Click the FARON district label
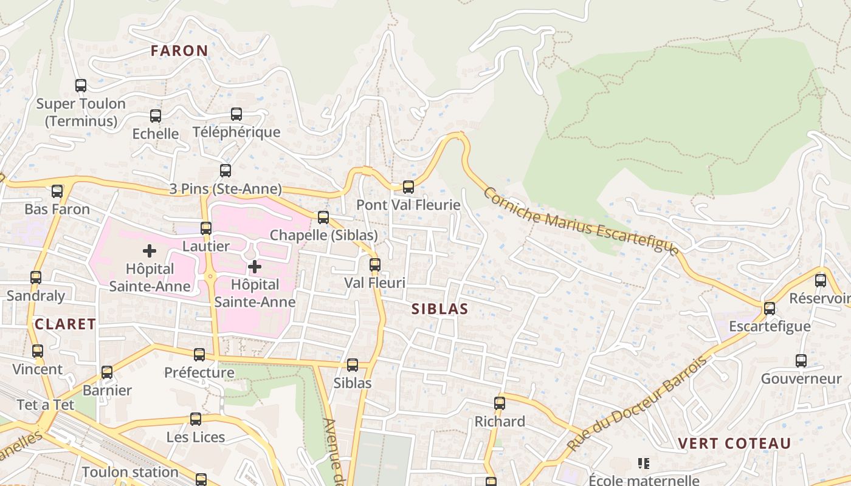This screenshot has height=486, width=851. click(179, 50)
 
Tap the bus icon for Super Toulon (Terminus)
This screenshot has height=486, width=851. click(81, 86)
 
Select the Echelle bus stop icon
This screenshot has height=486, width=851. click(156, 115)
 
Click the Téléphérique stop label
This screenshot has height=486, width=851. click(236, 132)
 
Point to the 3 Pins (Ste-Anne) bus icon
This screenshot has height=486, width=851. click(226, 171)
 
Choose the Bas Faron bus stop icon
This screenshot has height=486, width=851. click(57, 191)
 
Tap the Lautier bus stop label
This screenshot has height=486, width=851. click(206, 246)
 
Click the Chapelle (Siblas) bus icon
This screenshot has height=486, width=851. click(323, 217)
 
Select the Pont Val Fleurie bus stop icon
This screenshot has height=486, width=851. click(408, 187)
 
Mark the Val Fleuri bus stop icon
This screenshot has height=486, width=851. click(375, 265)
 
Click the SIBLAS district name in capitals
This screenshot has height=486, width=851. click(440, 309)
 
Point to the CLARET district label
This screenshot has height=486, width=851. click(66, 324)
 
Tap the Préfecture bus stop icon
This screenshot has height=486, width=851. click(199, 355)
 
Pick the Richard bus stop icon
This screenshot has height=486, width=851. click(500, 403)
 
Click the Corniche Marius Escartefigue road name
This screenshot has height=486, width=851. click(581, 222)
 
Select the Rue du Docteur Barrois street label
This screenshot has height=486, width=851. click(638, 403)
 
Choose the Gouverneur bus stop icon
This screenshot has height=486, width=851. click(801, 361)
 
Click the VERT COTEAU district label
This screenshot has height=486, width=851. click(734, 443)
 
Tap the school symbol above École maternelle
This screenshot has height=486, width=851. click(644, 464)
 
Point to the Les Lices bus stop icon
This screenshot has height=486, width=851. click(196, 419)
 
